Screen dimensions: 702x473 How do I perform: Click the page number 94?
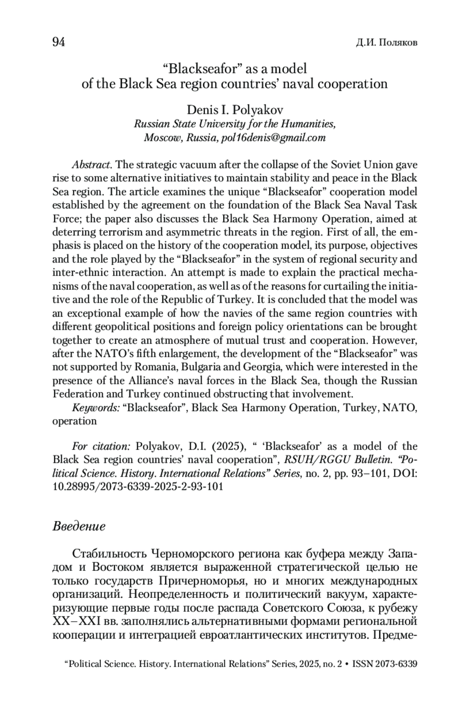tap(59, 42)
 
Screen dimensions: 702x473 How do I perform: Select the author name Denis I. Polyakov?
tap(235, 109)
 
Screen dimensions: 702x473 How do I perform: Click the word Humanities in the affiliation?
tap(307, 124)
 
